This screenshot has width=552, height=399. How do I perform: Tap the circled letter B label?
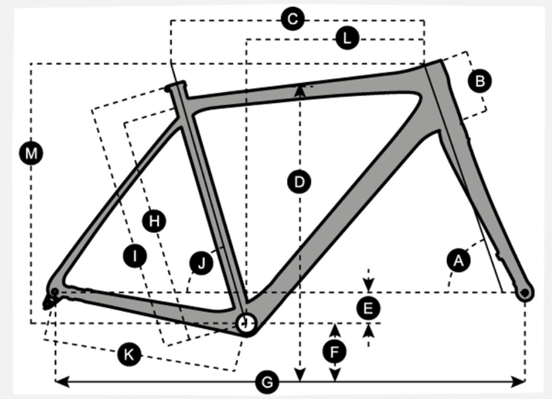[x=479, y=81]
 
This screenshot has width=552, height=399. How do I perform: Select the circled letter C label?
[x=293, y=20]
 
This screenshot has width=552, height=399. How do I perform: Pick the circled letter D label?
[x=299, y=182]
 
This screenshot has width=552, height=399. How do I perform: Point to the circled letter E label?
[x=368, y=308]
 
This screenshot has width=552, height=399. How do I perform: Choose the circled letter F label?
[x=335, y=351]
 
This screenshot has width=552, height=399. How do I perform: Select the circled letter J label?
[x=201, y=263]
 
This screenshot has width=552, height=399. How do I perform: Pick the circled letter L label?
[x=347, y=39]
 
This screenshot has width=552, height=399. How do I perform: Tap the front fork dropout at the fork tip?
[x=524, y=292]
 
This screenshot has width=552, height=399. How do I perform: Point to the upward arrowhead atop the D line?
[x=299, y=89]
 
